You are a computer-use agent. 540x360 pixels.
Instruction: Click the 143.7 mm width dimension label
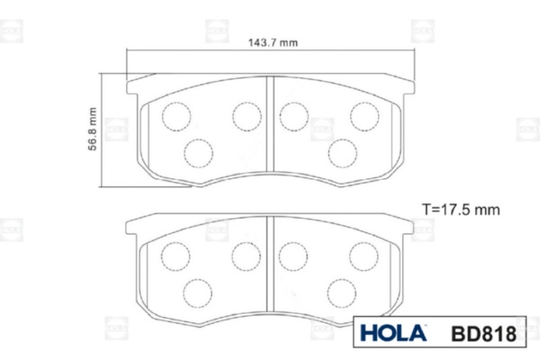point(273,42)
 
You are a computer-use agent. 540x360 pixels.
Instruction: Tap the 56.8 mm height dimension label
point(93,130)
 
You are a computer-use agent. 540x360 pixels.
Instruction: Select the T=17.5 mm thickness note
point(461,210)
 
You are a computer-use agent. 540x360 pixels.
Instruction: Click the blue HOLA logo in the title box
point(393,333)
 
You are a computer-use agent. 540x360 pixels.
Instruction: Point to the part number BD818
point(483,334)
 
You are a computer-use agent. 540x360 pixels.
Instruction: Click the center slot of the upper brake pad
point(270,124)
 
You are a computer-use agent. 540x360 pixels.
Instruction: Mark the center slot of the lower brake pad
point(270,264)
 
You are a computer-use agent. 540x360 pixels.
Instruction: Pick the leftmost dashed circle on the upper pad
point(176,116)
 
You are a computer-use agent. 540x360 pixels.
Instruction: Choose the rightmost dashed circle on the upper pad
point(364,116)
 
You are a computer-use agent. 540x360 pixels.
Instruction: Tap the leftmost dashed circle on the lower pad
point(175,256)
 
